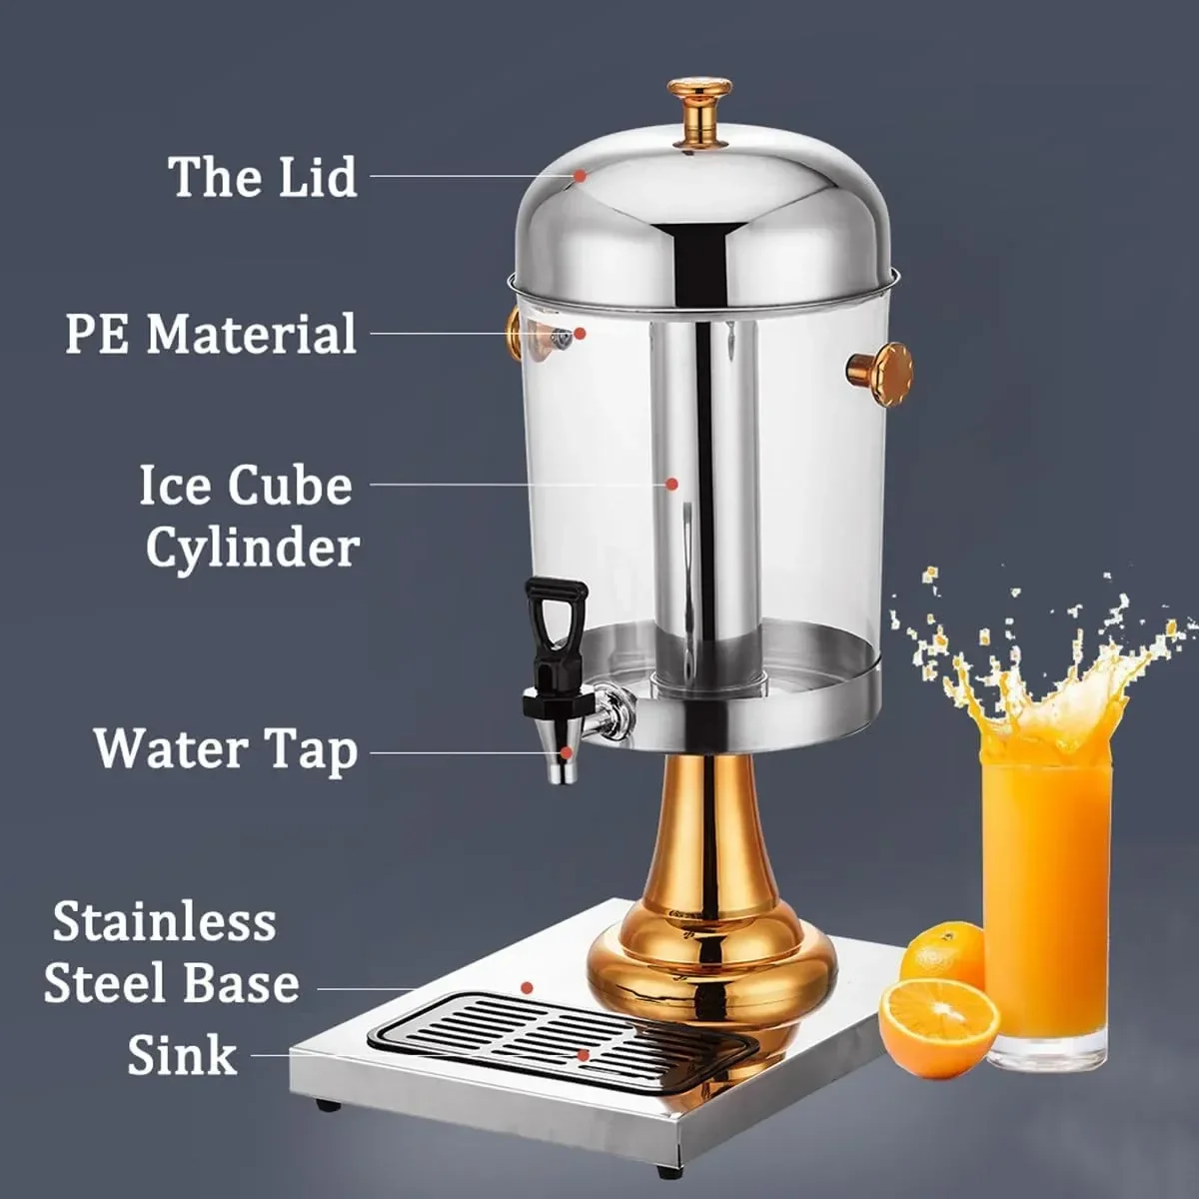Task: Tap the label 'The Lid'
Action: coord(262,177)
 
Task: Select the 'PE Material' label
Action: coord(211,334)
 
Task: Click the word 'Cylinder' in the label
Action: coord(253,550)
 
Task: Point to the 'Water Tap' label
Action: coord(226,751)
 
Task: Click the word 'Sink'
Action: coord(182,1056)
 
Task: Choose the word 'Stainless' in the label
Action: coord(164,922)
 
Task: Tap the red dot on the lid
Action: coord(580,176)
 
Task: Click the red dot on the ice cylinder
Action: coord(671,484)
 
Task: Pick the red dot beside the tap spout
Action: coord(566,753)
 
